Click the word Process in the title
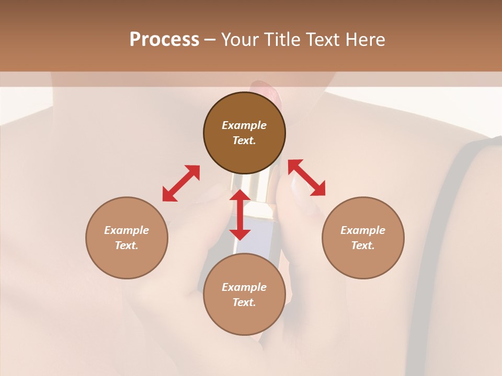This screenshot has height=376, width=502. pos(164,40)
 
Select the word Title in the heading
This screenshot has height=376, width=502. pos(282,40)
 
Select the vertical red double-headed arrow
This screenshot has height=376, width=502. pos(240,215)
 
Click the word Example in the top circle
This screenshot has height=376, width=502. pos(244,125)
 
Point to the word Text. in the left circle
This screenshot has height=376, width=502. pos(127,245)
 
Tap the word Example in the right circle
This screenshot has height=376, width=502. pos(363,230)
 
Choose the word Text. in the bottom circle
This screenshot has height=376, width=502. pos(244,302)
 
